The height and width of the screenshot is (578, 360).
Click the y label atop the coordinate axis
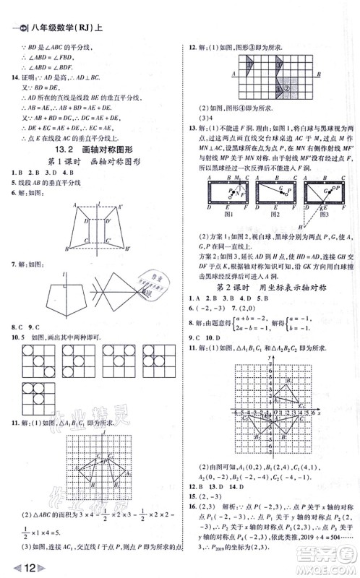[x=269, y=358]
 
